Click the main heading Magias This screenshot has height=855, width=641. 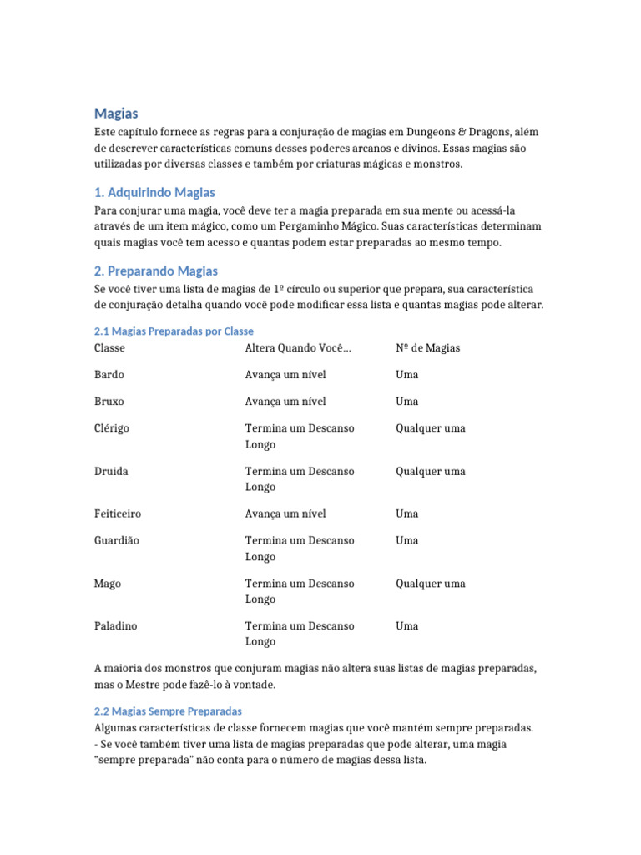click(116, 113)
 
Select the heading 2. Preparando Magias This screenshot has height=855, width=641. click(156, 271)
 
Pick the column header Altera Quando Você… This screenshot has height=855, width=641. click(298, 347)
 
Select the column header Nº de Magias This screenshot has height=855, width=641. click(427, 347)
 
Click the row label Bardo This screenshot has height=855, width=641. click(109, 375)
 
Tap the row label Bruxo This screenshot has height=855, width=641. click(109, 402)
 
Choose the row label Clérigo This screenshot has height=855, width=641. click(112, 428)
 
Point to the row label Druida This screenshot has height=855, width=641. click(111, 471)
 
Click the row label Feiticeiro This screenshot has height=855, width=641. click(117, 514)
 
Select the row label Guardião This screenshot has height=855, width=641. click(117, 540)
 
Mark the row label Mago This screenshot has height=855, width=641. click(108, 584)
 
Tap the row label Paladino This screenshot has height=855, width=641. click(116, 625)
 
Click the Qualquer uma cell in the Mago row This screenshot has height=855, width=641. click(430, 584)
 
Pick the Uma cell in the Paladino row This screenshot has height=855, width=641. click(407, 625)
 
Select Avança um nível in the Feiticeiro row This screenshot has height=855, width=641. click(285, 514)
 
